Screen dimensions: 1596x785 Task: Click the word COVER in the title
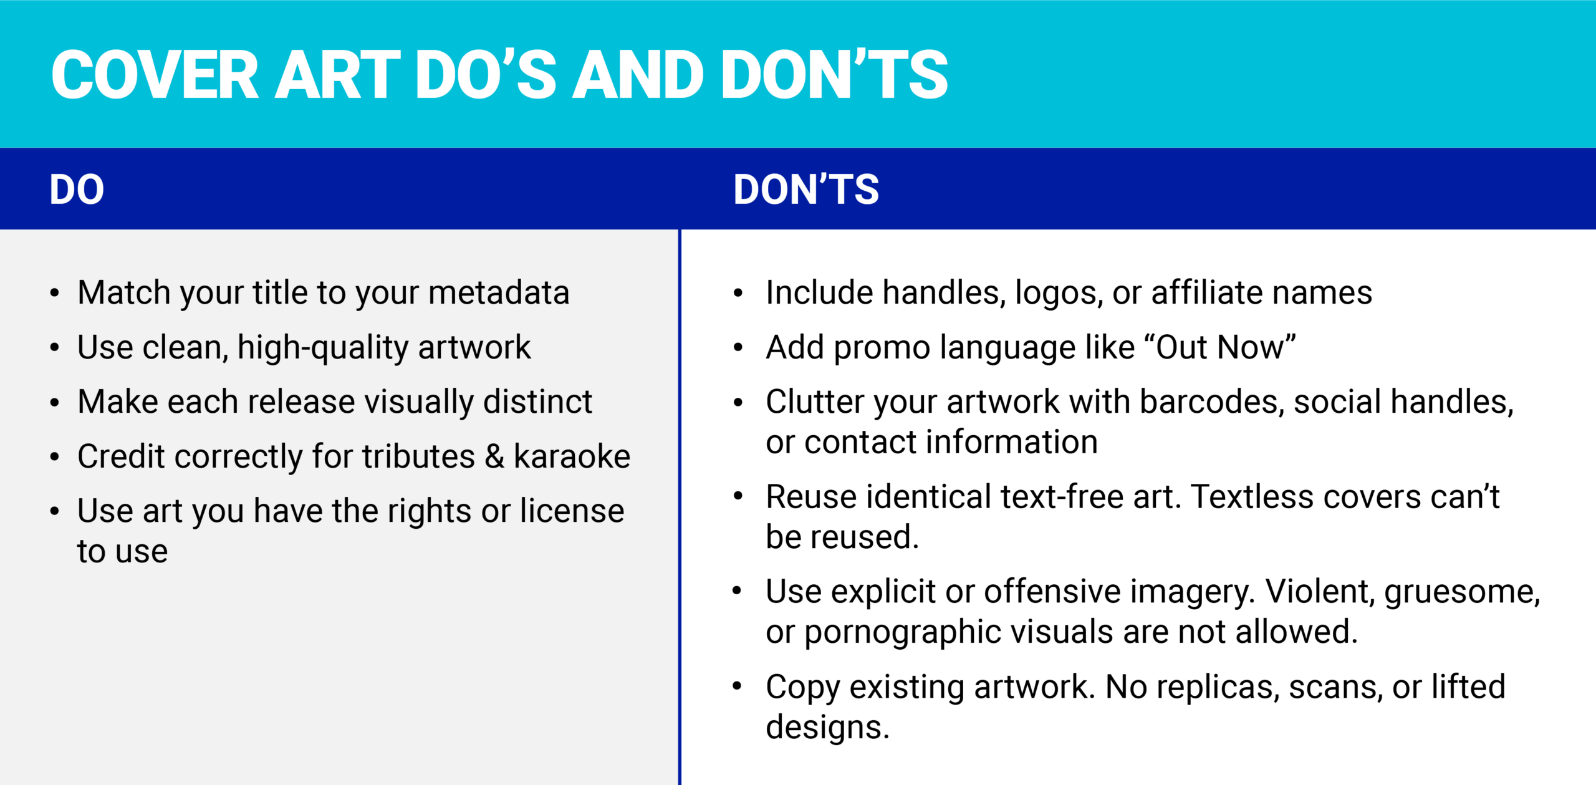click(x=155, y=75)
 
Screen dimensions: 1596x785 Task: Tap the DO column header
click(x=77, y=190)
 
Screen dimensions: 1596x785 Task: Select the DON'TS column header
click(x=806, y=190)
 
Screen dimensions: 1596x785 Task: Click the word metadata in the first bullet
click(x=499, y=292)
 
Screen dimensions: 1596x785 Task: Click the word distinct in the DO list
click(x=537, y=402)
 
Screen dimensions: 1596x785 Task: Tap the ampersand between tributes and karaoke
click(x=494, y=456)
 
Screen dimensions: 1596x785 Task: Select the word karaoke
click(x=572, y=456)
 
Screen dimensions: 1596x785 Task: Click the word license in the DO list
click(x=572, y=511)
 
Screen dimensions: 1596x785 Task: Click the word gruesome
click(x=1462, y=592)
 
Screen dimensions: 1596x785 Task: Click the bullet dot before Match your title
click(x=55, y=293)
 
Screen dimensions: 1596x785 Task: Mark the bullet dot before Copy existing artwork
click(x=738, y=687)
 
